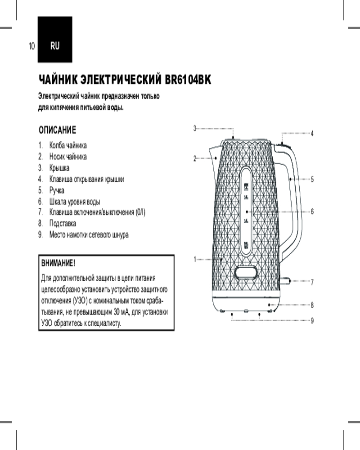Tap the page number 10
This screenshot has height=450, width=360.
pos(31,46)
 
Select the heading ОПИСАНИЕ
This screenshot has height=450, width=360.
pos(58,130)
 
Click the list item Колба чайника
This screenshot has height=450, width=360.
pos(68,146)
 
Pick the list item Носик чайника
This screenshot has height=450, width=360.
pos(68,157)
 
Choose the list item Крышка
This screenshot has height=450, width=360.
pos(59,168)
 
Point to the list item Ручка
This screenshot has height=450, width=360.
pos(57,190)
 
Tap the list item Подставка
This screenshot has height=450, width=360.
pos(63,223)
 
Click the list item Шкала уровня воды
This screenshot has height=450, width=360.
pos(75,201)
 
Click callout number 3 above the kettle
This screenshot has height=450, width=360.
pos(195,128)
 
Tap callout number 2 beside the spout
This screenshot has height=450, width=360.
pos(195,158)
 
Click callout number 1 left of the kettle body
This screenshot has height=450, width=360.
pos(195,259)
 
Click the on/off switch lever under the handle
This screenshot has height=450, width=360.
pos(285,280)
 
